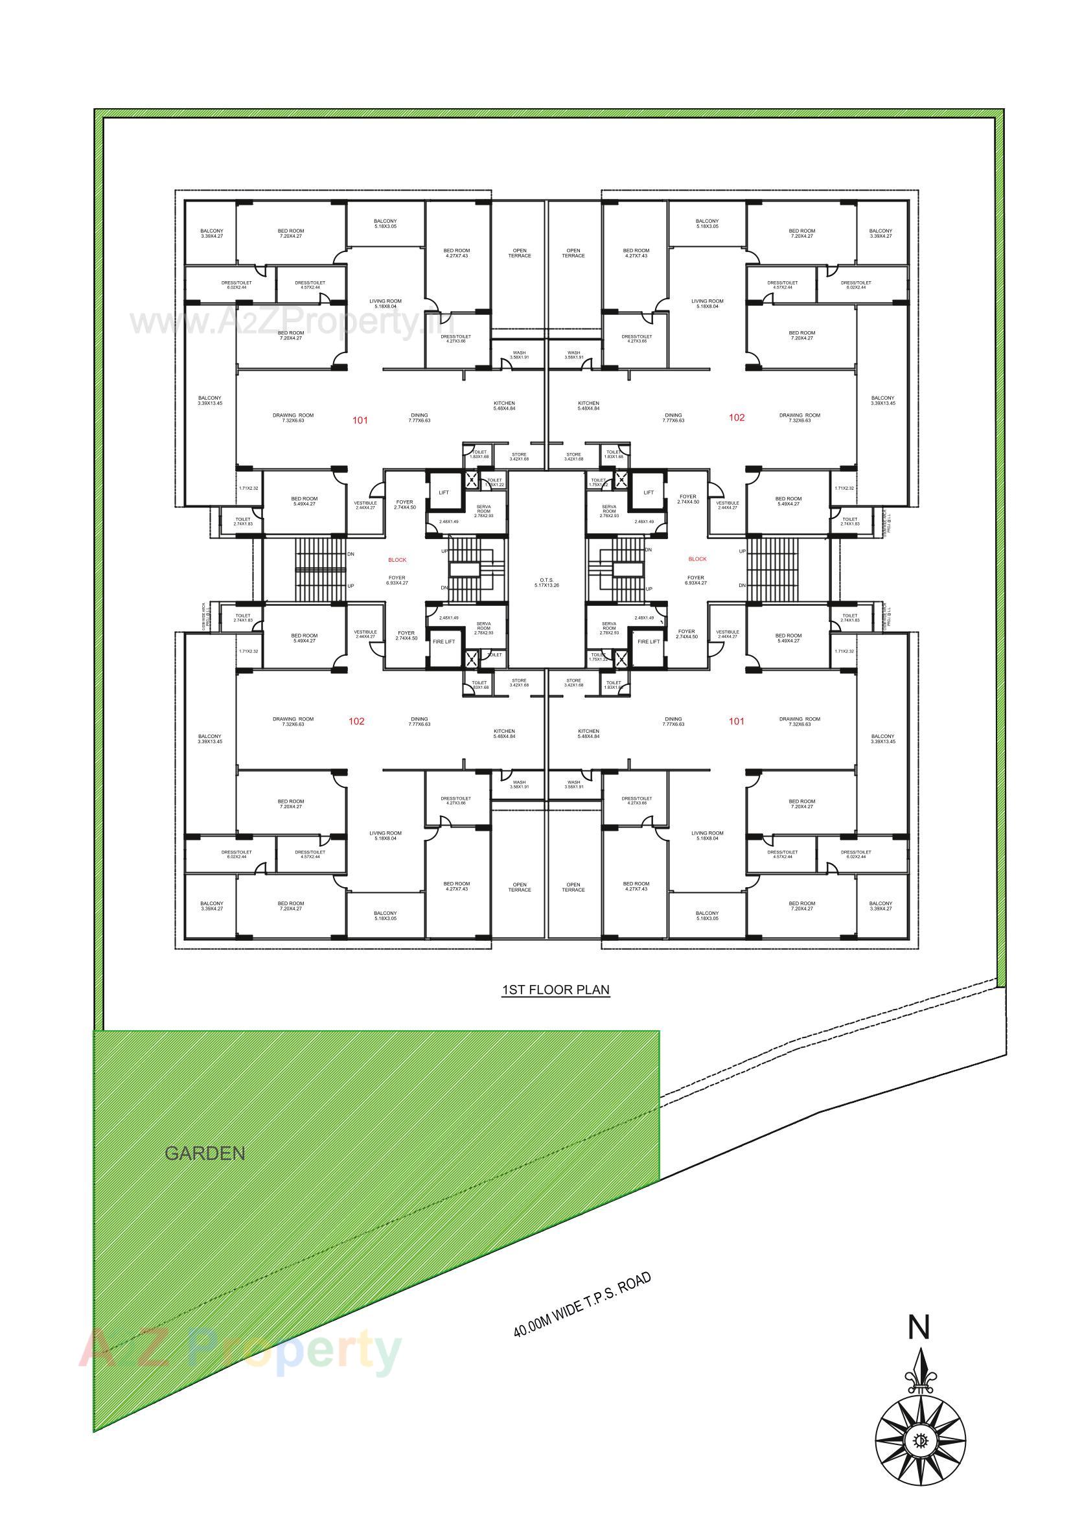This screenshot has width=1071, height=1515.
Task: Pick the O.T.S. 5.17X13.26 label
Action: coord(546,583)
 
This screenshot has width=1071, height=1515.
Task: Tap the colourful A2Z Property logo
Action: coord(241,1350)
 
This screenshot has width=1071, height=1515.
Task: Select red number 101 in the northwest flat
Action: coord(360,421)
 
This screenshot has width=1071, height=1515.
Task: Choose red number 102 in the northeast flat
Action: coord(737,417)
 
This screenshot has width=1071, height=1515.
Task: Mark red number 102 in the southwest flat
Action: coord(356,721)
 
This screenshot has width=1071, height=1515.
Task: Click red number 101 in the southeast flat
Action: coord(737,721)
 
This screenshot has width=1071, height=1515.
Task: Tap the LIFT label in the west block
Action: coord(443,492)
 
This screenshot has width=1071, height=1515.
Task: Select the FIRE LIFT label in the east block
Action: coord(648,642)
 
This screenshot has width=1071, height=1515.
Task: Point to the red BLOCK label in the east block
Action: coord(697,559)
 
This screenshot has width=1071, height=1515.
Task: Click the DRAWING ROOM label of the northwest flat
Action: coord(293,418)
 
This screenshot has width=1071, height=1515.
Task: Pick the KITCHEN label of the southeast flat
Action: coord(588,734)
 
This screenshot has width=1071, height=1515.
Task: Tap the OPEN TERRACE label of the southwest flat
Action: coord(520,888)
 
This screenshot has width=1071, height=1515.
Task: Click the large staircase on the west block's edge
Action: coord(321,570)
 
